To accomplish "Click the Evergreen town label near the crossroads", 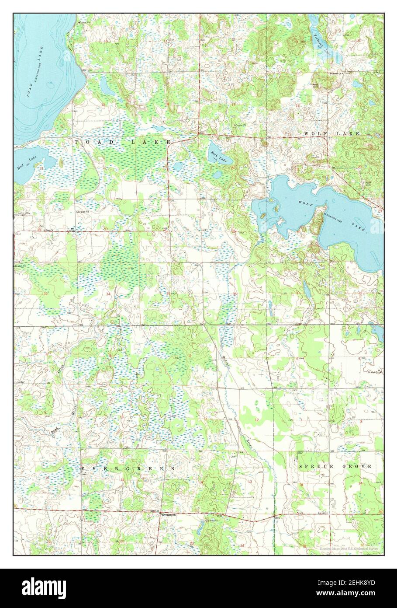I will pyautogui.click(x=169, y=515).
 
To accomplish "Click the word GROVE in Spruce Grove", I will pyautogui.click(x=357, y=467).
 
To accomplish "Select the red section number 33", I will pyautogui.click(x=45, y=294).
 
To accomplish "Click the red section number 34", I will pyautogui.click(x=108, y=294).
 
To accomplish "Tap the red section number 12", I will pyautogui.click(x=257, y=420).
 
